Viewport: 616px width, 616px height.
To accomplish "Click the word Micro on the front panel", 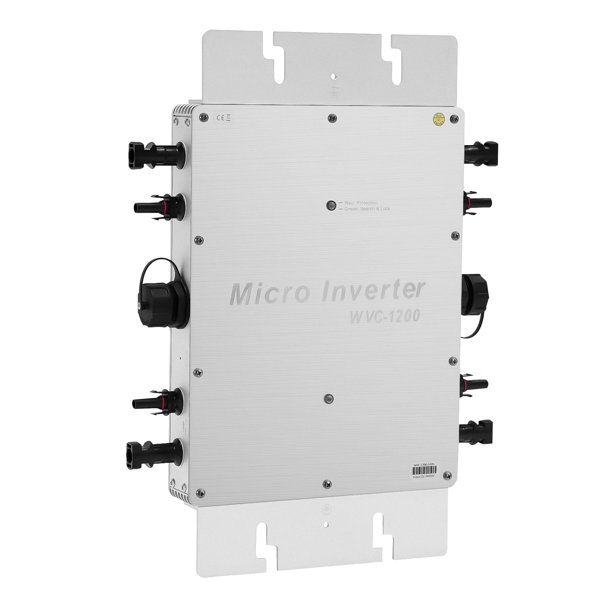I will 269,294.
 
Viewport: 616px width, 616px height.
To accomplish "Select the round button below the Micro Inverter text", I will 328,398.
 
